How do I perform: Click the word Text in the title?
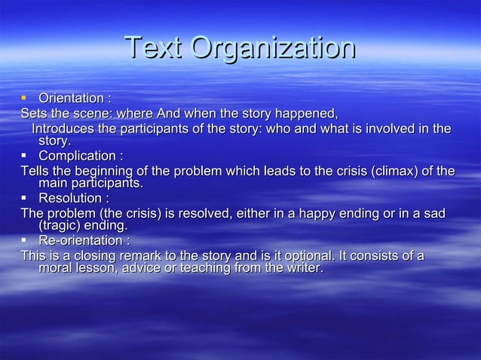click(x=154, y=49)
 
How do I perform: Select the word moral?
click(x=55, y=268)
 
